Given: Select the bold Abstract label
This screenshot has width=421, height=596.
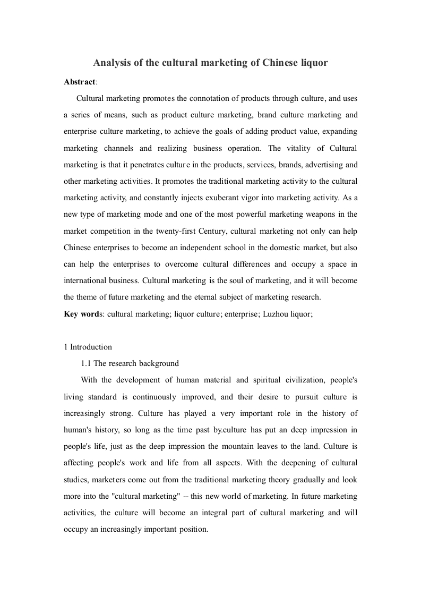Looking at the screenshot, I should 80,81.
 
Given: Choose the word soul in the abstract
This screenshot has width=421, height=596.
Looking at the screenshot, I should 253,280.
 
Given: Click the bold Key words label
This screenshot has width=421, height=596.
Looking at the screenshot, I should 83,314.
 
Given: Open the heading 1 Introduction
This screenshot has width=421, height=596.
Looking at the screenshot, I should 88,347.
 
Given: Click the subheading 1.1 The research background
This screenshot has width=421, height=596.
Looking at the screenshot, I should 130,363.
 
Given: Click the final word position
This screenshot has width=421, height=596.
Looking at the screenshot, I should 193,530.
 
